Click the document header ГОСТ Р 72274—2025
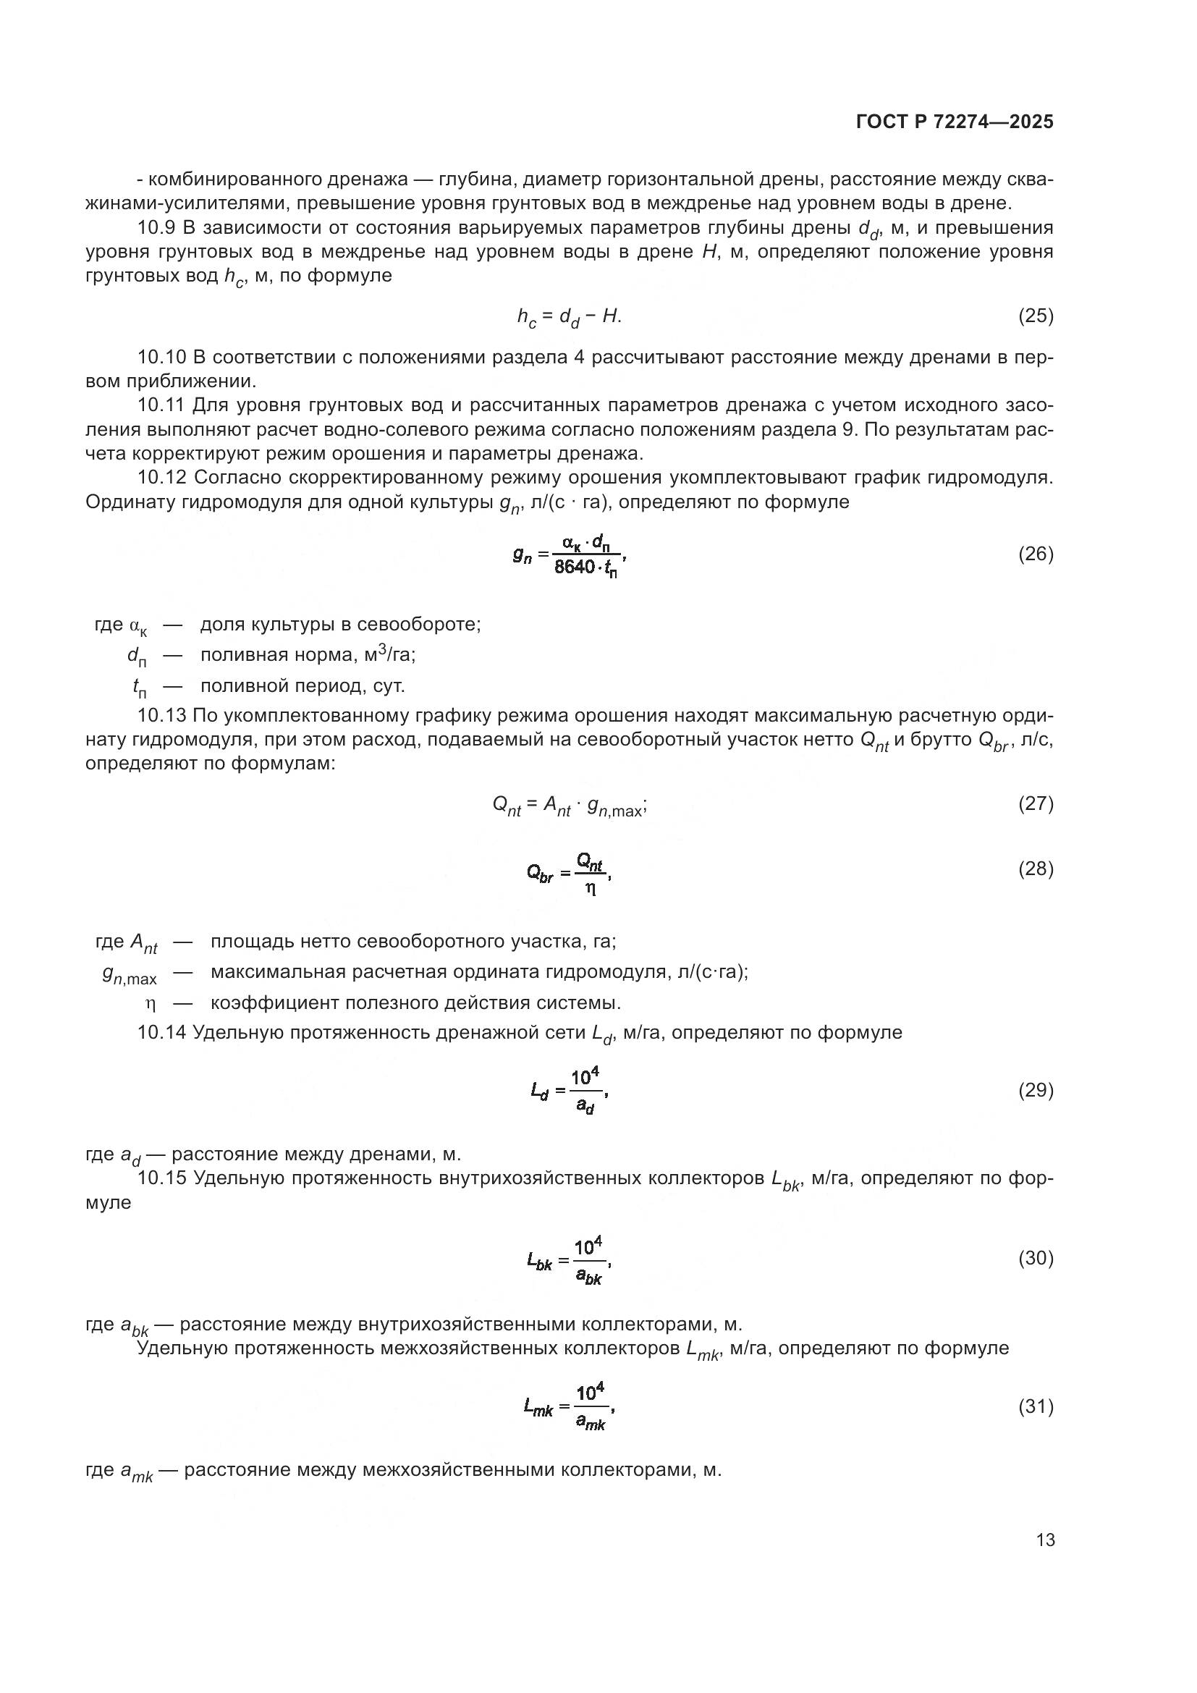(x=955, y=122)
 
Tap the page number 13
(x=1045, y=1540)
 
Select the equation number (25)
(x=1036, y=316)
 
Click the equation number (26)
(x=1036, y=554)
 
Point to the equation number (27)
(x=1036, y=803)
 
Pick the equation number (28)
(x=1036, y=869)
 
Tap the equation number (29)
(x=1036, y=1091)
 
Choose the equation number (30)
(x=1036, y=1259)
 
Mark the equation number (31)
(x=1036, y=1407)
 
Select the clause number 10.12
(x=162, y=478)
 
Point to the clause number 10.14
(x=162, y=1033)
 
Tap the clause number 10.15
(x=162, y=1179)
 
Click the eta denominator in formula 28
(x=591, y=889)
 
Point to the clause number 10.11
(x=162, y=405)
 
